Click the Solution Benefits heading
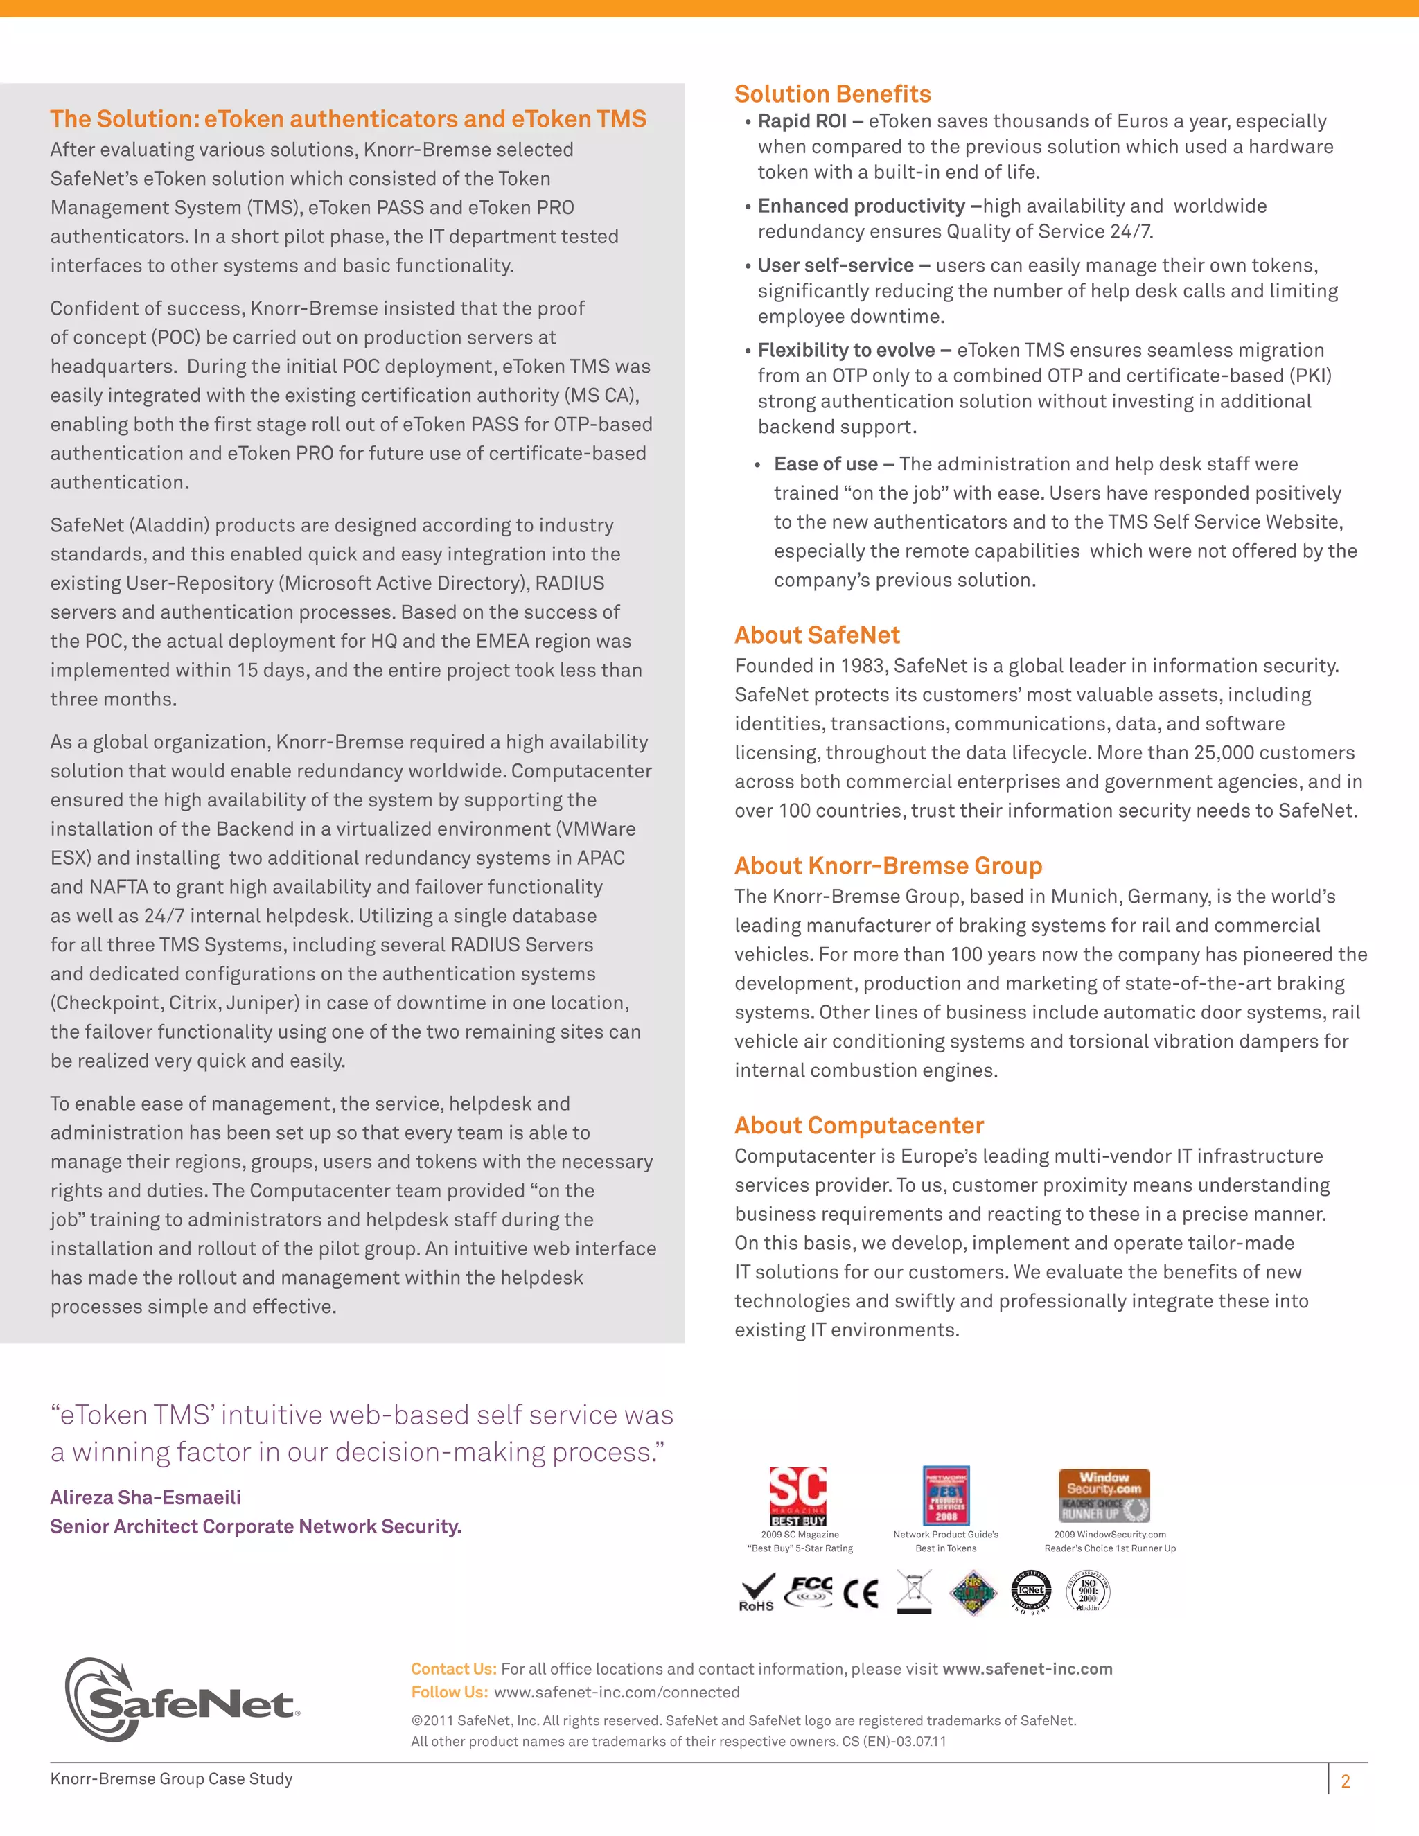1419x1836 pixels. pos(832,94)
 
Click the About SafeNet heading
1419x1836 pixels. pos(816,635)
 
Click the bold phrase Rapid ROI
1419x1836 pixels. pos(802,121)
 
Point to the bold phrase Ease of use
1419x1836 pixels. pos(825,464)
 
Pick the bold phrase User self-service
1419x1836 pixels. pos(835,265)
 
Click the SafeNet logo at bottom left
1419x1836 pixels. pos(181,1700)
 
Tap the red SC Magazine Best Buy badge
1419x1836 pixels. pos(797,1497)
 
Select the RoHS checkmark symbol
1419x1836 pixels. pos(757,1591)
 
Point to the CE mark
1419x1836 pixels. pos(861,1593)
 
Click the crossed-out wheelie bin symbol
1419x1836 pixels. pos(914,1591)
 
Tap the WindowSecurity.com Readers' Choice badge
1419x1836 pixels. pos(1103,1496)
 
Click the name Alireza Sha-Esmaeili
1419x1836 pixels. pos(146,1497)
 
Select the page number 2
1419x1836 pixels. pos(1345,1781)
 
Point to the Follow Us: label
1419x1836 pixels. pos(449,1693)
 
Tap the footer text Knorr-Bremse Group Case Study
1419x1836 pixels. pos(172,1778)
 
